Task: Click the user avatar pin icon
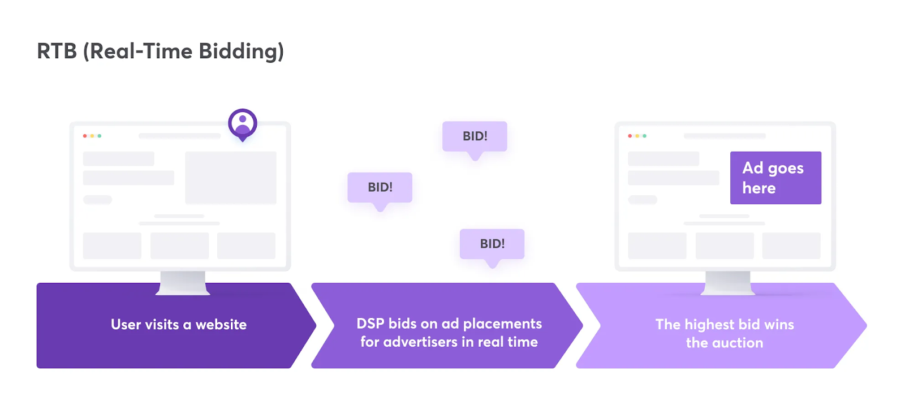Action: click(243, 124)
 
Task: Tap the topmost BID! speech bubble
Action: click(475, 136)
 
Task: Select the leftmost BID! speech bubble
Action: click(380, 187)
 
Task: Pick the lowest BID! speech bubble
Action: click(492, 244)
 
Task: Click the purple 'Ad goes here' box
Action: click(775, 178)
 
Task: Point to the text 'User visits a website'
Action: click(179, 325)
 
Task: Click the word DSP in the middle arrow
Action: click(370, 324)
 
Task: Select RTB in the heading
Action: click(57, 51)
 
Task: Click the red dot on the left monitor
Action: click(85, 136)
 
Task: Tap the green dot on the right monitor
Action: click(644, 136)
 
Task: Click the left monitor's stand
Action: click(183, 282)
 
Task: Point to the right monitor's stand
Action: click(728, 282)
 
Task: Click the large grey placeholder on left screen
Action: click(231, 178)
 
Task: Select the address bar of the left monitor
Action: click(179, 136)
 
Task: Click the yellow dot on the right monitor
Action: click(637, 136)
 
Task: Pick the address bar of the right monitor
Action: click(725, 136)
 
